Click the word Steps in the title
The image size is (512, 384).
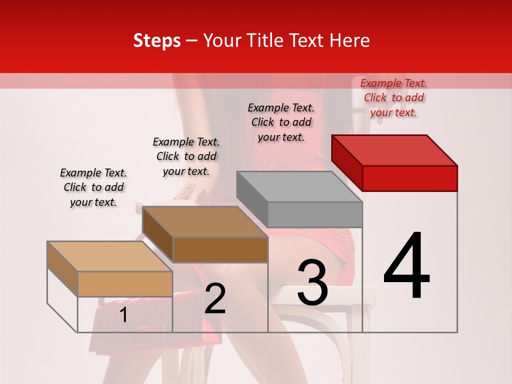point(157,41)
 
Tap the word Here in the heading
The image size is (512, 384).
point(350,41)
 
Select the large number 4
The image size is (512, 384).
point(407,266)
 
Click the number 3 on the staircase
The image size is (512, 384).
point(313,283)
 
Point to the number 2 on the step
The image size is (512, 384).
point(215,299)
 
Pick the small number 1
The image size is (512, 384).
point(124,315)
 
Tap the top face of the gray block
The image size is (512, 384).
point(299,187)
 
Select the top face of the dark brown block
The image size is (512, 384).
point(205,222)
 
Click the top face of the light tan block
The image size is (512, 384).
point(110,257)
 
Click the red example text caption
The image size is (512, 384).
point(394,98)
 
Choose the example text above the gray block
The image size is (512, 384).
point(282,122)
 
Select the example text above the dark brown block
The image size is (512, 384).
point(187,156)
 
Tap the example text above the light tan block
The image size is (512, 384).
point(93,187)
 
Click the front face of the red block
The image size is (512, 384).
point(410,178)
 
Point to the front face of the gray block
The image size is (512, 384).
point(315,215)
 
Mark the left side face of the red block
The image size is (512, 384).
point(347,163)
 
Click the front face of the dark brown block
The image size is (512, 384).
point(220,250)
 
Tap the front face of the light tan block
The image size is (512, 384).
point(125,284)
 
